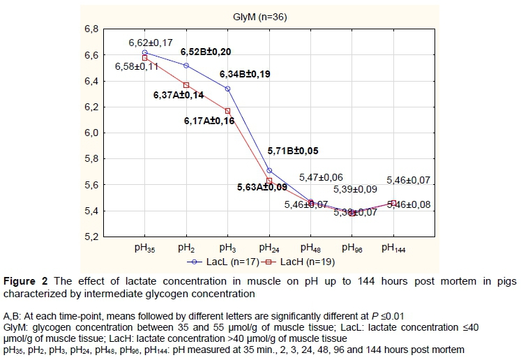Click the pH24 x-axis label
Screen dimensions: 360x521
click(269, 248)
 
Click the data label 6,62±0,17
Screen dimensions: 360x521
click(151, 43)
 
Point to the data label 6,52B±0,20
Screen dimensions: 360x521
click(206, 52)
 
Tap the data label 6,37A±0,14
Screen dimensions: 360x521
click(179, 95)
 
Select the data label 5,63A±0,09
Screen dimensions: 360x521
click(262, 186)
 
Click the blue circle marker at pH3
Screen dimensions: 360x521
click(227, 89)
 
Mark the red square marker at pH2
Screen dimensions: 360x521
click(186, 85)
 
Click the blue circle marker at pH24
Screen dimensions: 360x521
click(269, 170)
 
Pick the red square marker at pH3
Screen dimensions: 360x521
click(227, 111)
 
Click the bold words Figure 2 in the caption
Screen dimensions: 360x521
click(25, 282)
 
